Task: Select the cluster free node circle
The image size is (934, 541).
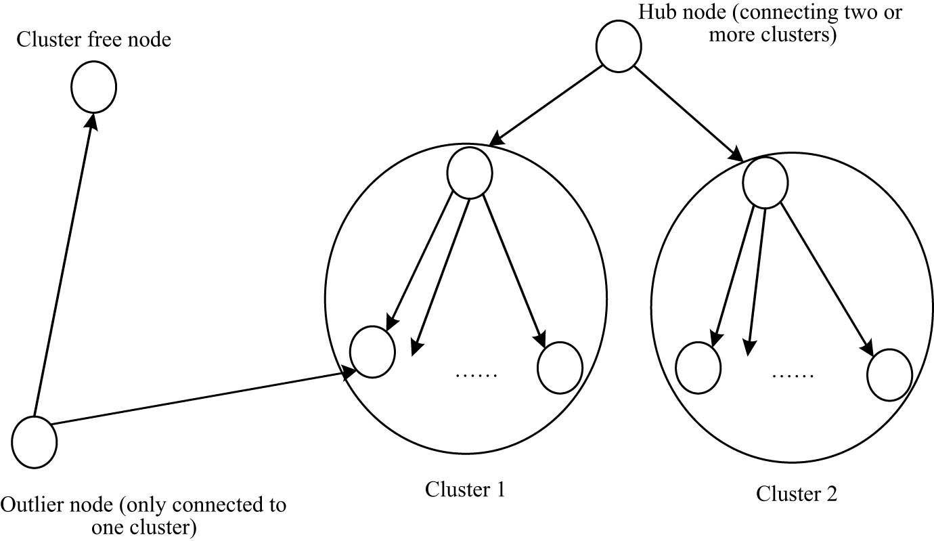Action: [94, 87]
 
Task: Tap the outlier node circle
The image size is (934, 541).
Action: [35, 442]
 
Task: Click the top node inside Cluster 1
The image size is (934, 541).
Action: [469, 173]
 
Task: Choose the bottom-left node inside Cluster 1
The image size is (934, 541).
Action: [372, 352]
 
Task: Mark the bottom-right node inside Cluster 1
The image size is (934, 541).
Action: [560, 368]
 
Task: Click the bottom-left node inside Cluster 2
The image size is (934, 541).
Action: [699, 367]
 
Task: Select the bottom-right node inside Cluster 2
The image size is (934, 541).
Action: [889, 374]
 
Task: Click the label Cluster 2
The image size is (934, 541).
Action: [797, 494]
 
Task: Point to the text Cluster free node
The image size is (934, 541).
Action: [93, 40]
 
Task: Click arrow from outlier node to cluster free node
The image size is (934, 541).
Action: [64, 264]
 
